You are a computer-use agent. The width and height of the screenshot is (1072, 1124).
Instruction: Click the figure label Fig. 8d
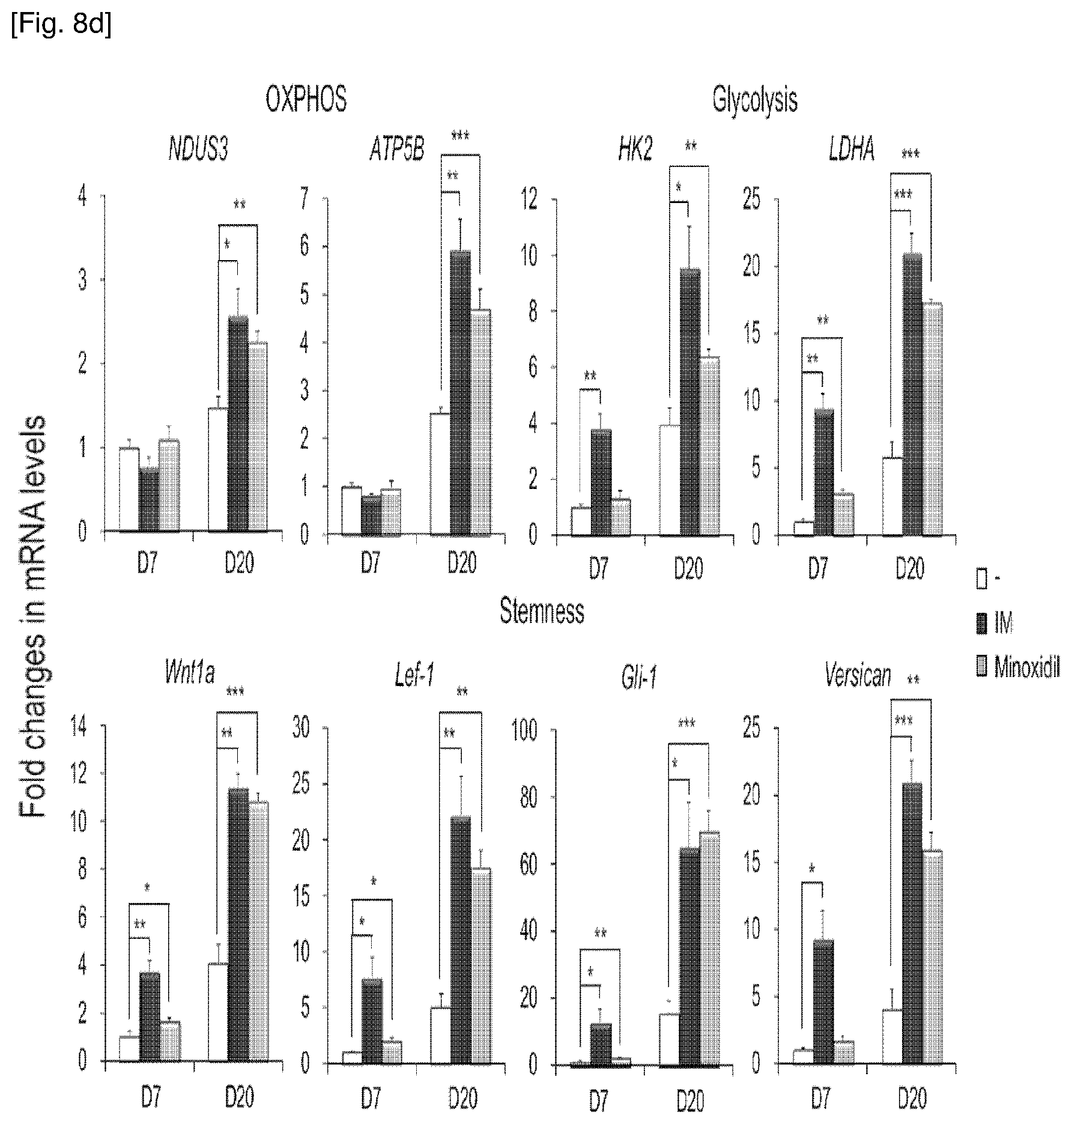[x=61, y=27]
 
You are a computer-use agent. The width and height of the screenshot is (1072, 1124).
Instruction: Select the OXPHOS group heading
[x=306, y=100]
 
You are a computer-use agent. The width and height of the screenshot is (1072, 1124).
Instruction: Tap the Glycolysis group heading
[x=755, y=100]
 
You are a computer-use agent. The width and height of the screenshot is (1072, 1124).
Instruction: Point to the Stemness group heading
[x=542, y=611]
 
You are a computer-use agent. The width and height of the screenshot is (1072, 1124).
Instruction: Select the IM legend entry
[x=995, y=624]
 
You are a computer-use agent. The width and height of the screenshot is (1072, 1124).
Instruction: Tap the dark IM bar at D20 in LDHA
[x=912, y=393]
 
